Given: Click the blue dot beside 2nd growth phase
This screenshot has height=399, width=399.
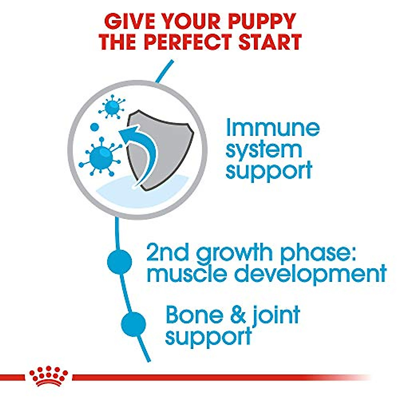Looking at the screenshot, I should pos(119,261).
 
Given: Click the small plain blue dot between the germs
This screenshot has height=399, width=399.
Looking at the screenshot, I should pos(95,127).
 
